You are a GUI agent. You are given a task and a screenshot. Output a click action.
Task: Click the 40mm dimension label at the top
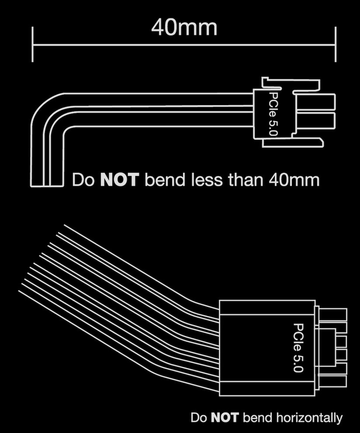[184, 27]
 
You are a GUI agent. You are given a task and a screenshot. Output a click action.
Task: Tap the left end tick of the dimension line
[33, 44]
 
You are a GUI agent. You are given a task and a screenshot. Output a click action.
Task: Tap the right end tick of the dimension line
[336, 44]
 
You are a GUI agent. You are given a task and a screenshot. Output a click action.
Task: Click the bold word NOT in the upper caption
[119, 179]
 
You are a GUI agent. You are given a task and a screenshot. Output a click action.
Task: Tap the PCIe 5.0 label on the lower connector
[298, 347]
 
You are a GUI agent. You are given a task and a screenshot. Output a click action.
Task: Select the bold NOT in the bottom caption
[225, 417]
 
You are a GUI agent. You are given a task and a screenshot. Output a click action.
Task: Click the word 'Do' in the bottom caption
[199, 417]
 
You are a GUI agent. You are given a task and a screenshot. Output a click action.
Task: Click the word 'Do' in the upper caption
[83, 179]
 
